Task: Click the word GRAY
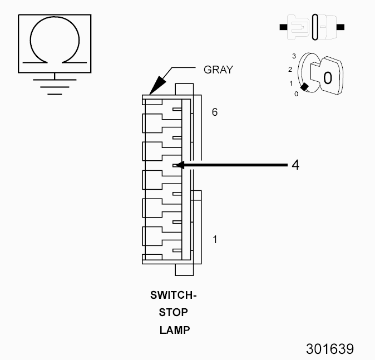pos(218,70)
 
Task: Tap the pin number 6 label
pos(215,112)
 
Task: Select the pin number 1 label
pos(215,239)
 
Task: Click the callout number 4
pos(295,165)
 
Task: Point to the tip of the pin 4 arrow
pos(176,165)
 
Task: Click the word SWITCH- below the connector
pos(174,295)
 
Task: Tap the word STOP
pos(174,312)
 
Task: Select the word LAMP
pos(175,330)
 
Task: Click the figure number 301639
pos(330,349)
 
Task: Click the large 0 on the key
pos(328,78)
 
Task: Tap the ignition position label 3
pos(294,56)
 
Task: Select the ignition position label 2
pos(290,70)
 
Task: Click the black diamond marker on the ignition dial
pos(304,87)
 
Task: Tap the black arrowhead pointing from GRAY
pos(157,85)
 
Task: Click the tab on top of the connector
pos(184,89)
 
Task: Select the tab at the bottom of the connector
pos(184,270)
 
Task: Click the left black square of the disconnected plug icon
pos(283,27)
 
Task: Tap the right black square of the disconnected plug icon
pos(341,27)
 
